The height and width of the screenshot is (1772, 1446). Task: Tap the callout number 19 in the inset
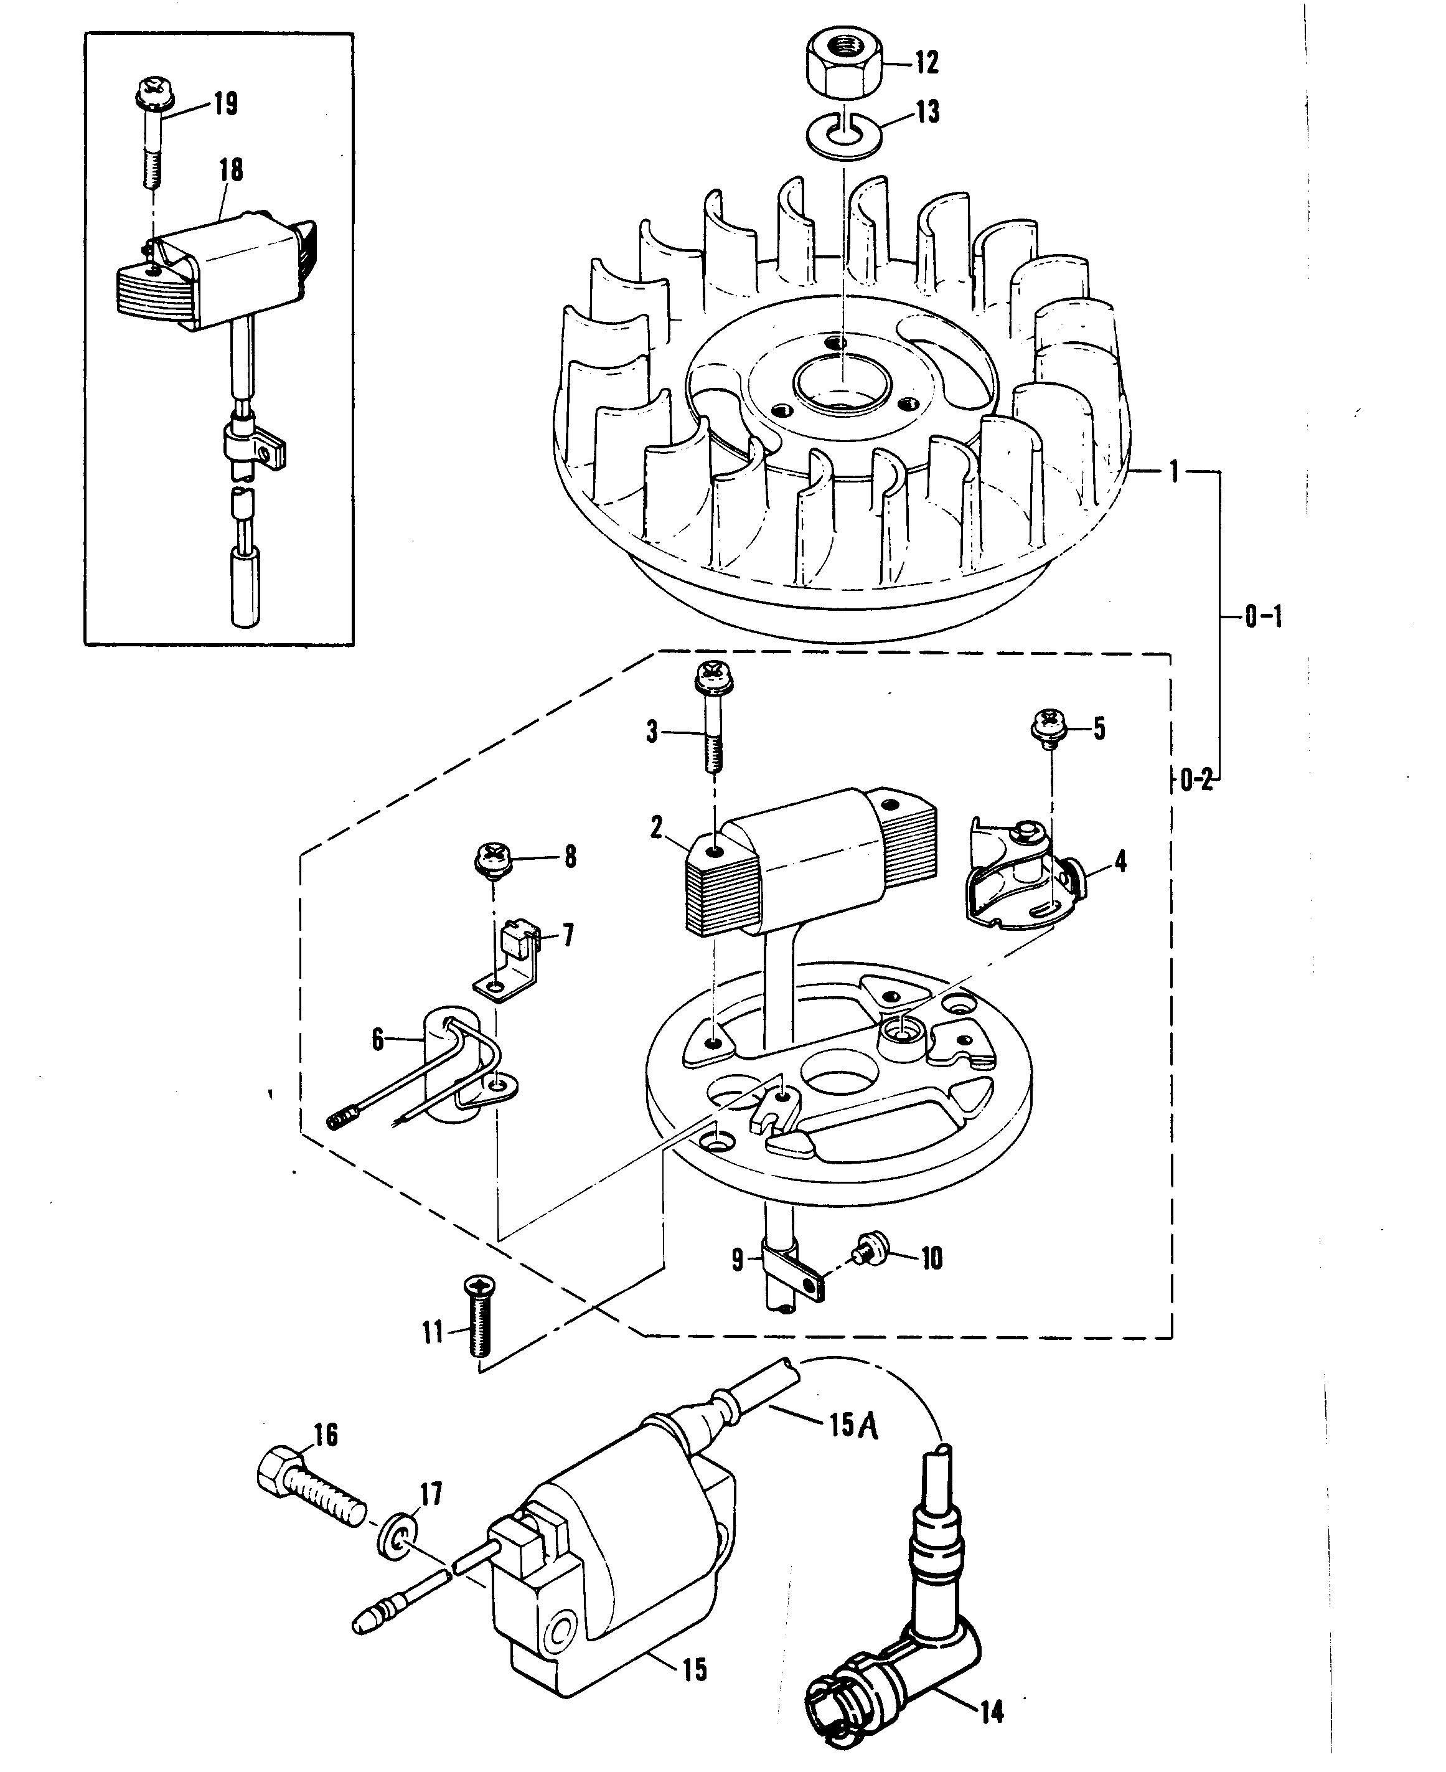[x=225, y=104]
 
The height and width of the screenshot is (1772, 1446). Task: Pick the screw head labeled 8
[x=493, y=857]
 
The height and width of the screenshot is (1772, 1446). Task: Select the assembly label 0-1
[x=1263, y=617]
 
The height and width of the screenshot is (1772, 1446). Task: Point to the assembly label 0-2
[x=1196, y=781]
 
